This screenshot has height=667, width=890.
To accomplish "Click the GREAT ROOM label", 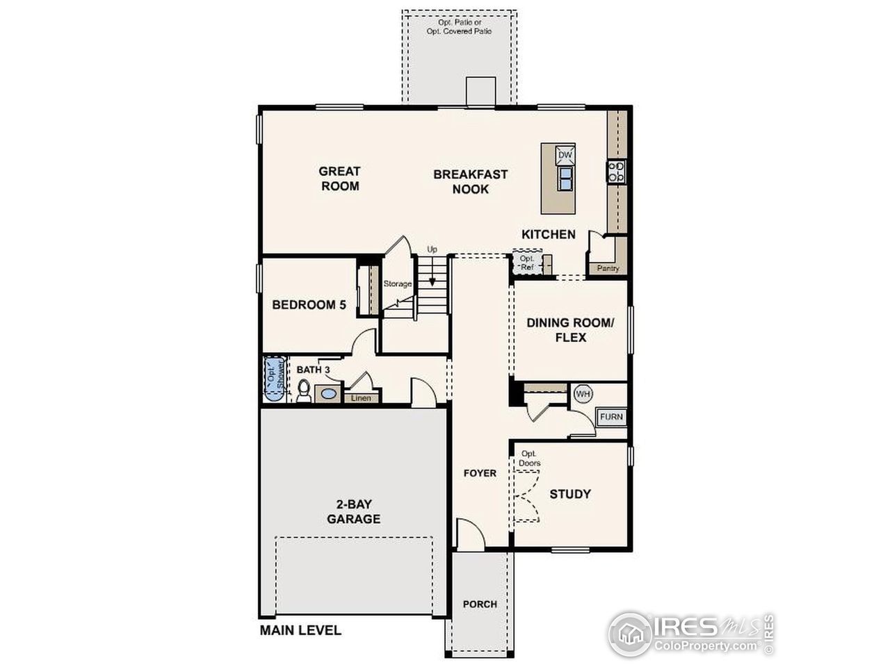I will (x=339, y=179).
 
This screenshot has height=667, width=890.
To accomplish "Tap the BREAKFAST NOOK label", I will (x=471, y=181).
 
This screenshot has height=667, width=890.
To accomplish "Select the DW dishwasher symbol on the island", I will (x=565, y=155).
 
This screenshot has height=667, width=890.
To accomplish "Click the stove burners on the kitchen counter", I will (x=616, y=171).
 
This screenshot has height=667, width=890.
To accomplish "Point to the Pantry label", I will (x=607, y=268).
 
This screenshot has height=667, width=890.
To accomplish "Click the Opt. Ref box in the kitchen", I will (x=527, y=263).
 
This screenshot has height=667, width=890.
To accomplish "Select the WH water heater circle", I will (x=583, y=394).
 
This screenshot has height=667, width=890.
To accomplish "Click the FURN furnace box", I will (x=612, y=417).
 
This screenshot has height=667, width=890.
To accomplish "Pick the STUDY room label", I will (x=570, y=494).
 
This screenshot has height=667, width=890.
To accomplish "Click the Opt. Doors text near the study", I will (x=529, y=459).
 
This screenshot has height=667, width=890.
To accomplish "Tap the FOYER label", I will (x=480, y=473).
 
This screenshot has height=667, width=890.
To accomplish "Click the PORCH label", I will (x=480, y=604).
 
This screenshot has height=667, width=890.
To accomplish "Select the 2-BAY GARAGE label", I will (x=354, y=512).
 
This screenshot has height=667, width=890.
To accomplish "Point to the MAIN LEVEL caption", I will (x=300, y=631).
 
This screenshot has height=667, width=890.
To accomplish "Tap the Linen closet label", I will (x=361, y=398).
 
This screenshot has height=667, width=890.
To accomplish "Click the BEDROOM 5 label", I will (x=309, y=304).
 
